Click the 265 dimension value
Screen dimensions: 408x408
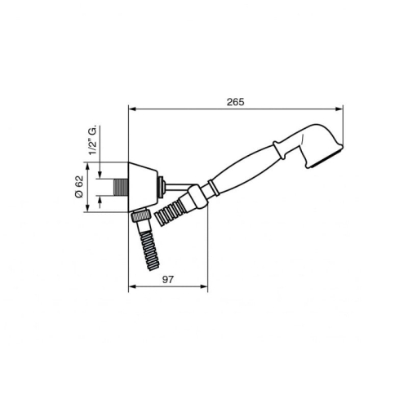pyautogui.click(x=236, y=102)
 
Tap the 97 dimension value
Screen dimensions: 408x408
pyautogui.click(x=167, y=280)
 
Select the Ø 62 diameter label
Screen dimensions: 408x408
pyautogui.click(x=79, y=187)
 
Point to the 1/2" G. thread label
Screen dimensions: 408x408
pyautogui.click(x=93, y=140)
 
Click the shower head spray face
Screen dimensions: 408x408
pyautogui.click(x=325, y=157)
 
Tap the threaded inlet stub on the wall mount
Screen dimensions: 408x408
pyautogui.click(x=121, y=187)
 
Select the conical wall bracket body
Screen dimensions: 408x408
pyautogui.click(x=143, y=187)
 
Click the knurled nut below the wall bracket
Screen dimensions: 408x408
pyautogui.click(x=140, y=215)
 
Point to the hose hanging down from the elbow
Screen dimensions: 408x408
pyautogui.click(x=149, y=251)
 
